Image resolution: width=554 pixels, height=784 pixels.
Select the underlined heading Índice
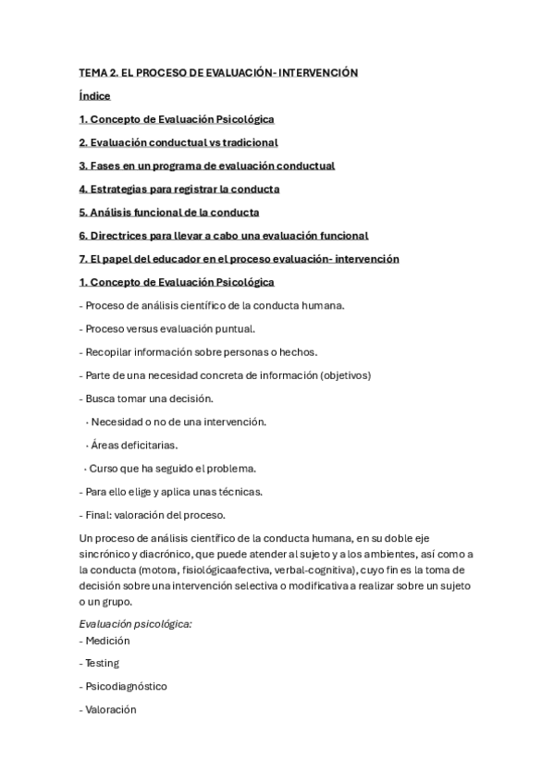point(94,95)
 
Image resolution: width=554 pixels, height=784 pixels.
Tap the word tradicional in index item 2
point(244,142)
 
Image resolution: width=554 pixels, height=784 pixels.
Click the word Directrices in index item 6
point(122,235)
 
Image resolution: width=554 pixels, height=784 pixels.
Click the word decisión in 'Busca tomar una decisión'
point(191,398)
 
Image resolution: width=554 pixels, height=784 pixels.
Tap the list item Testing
point(102,663)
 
